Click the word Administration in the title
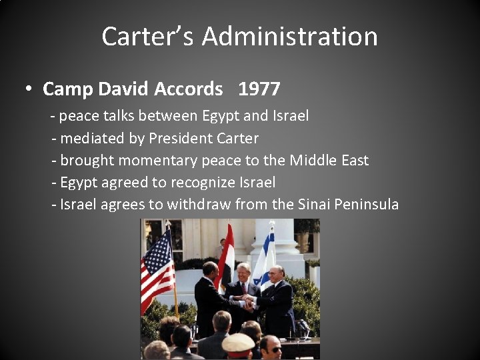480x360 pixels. (x=290, y=36)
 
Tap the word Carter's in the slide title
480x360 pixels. (x=149, y=36)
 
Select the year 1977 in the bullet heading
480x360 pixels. (x=259, y=89)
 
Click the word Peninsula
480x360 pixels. (x=367, y=205)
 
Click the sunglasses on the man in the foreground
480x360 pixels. (x=273, y=349)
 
